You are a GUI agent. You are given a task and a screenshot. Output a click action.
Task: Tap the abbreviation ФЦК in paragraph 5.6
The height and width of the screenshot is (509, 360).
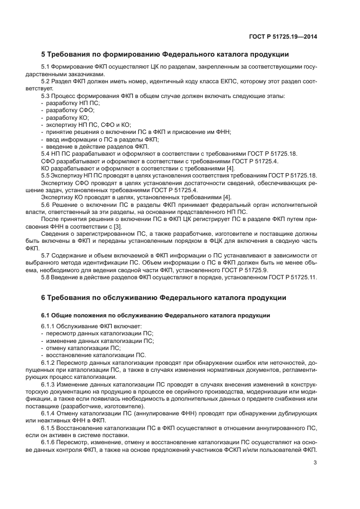click(x=224, y=241)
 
